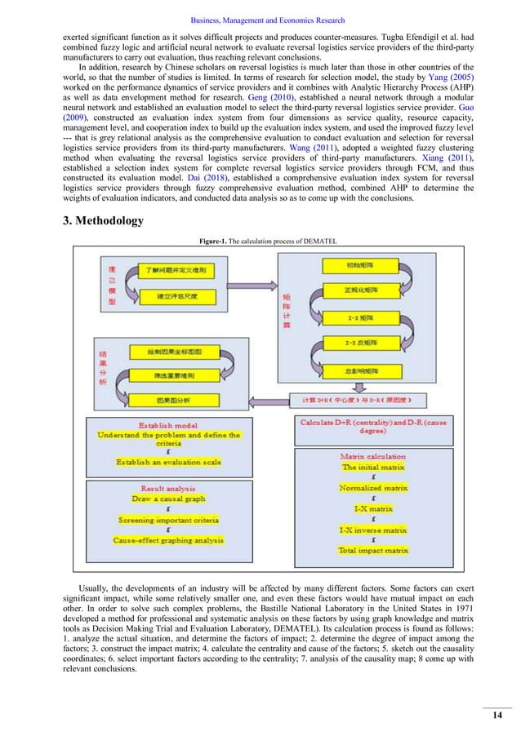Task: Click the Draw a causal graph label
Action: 168,498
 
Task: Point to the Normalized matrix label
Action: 372,488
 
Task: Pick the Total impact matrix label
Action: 372,551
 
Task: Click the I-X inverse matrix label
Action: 372,530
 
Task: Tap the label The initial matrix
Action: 372,467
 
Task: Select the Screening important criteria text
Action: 168,519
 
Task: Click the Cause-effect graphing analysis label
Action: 168,540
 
